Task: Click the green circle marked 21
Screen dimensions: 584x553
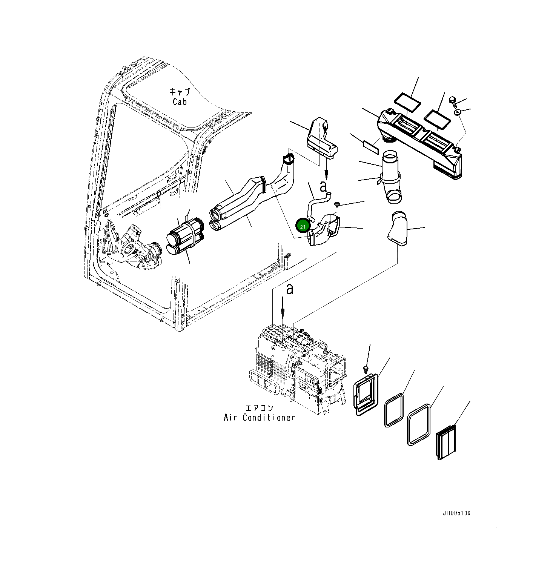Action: point(303,226)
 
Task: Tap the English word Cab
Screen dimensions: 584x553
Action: point(180,102)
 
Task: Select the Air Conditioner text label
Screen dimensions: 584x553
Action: point(259,417)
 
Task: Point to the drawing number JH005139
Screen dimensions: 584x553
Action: point(456,513)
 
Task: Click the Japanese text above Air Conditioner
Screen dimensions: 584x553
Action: point(259,408)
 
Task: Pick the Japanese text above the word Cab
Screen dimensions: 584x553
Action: point(180,92)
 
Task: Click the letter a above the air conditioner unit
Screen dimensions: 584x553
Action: point(289,289)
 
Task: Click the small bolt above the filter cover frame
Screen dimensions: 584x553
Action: point(365,368)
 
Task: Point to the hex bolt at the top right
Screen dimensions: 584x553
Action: point(453,101)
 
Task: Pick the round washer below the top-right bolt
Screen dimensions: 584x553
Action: point(458,112)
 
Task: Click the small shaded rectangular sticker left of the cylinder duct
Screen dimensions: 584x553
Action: point(370,147)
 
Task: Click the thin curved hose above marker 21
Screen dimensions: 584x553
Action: point(317,206)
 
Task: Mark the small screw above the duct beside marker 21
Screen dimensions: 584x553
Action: point(337,204)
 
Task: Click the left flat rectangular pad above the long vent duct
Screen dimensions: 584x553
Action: point(407,102)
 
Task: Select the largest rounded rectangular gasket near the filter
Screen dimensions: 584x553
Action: point(419,425)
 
